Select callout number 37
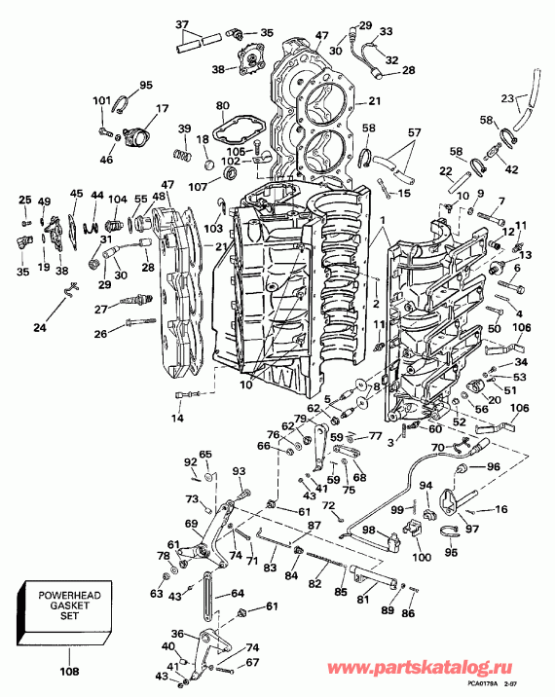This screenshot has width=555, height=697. (x=182, y=23)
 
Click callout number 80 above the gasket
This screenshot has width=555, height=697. (x=222, y=105)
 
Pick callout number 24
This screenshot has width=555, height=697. (x=40, y=328)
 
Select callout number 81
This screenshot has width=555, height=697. (x=361, y=600)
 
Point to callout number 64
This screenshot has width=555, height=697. (x=239, y=593)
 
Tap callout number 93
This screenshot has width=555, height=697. (x=240, y=472)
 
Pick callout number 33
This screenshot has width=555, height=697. (x=387, y=31)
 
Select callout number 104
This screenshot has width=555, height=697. (x=117, y=198)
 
